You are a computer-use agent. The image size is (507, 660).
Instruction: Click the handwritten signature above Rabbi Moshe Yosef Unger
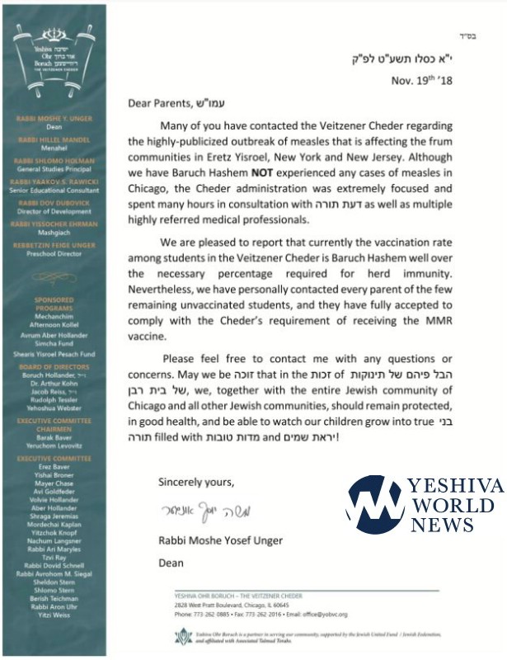click(x=201, y=511)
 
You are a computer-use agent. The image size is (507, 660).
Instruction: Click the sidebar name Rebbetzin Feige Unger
click(x=53, y=244)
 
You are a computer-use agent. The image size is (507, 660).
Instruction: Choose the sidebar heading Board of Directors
click(x=53, y=344)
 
